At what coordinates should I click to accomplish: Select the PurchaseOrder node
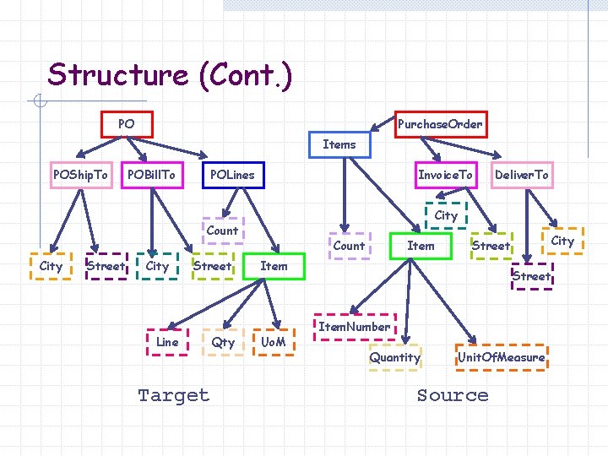pos(440,124)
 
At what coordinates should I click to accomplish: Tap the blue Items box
pos(339,144)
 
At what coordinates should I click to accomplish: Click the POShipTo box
pos(80,175)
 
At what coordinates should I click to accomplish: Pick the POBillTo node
pos(152,175)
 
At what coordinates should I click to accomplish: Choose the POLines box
pos(232,175)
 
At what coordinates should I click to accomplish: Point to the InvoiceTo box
pos(446,175)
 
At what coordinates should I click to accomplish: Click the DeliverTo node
pos(521,175)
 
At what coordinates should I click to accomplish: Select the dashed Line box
pos(168,342)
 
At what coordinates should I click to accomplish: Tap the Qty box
pos(223,342)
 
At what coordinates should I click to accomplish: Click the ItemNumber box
pos(355,327)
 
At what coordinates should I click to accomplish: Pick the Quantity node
pos(394,357)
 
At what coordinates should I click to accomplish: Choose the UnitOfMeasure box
pos(501,357)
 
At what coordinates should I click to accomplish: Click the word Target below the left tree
pos(173,395)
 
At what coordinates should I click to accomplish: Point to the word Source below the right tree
pos(453,395)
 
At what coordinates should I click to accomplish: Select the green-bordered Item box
pos(421,246)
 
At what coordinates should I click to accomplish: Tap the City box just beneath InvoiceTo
pos(446,215)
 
